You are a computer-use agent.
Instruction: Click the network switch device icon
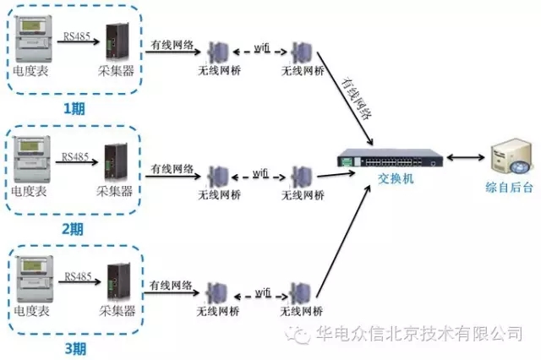click(387, 159)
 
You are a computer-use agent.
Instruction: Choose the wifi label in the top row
click(262, 48)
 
